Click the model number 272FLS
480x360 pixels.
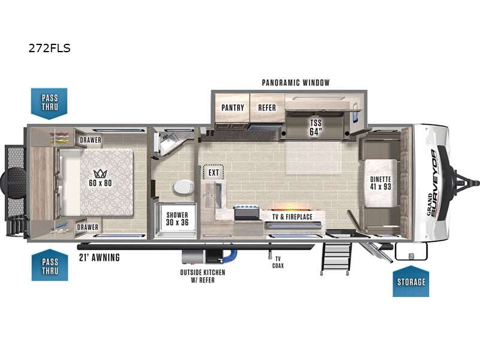[50, 48]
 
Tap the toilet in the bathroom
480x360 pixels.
[183, 187]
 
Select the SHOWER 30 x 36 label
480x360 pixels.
[177, 218]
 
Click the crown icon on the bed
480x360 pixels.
[100, 173]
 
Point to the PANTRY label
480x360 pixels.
[233, 107]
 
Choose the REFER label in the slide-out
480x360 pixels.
[267, 107]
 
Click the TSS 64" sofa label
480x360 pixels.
[316, 127]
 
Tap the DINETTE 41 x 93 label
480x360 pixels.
[380, 183]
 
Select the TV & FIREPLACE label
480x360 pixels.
[292, 217]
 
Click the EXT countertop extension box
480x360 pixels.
[214, 172]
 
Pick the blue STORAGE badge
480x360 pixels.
[411, 281]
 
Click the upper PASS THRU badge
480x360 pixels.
[49, 103]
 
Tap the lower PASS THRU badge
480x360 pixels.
[50, 265]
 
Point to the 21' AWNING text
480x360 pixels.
[99, 257]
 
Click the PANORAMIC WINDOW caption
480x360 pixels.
[296, 82]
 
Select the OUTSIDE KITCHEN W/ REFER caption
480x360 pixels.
[203, 276]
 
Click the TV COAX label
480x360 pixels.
[278, 262]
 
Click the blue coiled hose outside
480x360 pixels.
[230, 256]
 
